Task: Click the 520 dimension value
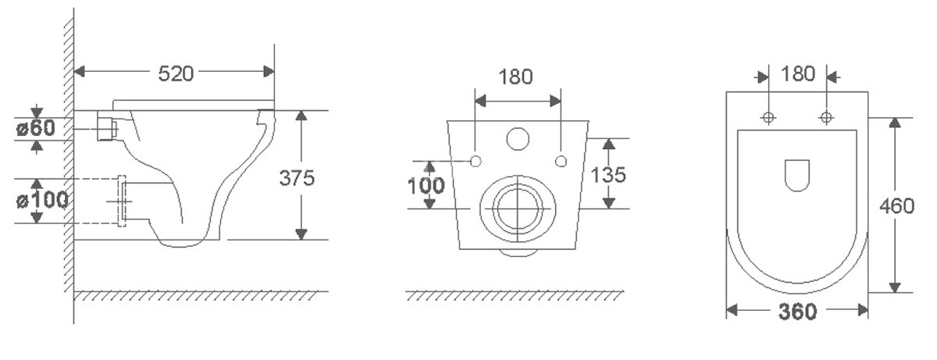(x=176, y=73)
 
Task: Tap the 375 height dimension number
(x=297, y=178)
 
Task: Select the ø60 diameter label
(x=36, y=128)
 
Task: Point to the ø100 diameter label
(x=42, y=200)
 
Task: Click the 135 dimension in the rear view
(x=608, y=175)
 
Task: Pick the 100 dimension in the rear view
(x=426, y=186)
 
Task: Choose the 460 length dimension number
(x=897, y=206)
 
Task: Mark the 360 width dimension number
(x=797, y=312)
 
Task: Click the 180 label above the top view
(x=798, y=74)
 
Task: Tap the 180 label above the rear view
(x=516, y=77)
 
